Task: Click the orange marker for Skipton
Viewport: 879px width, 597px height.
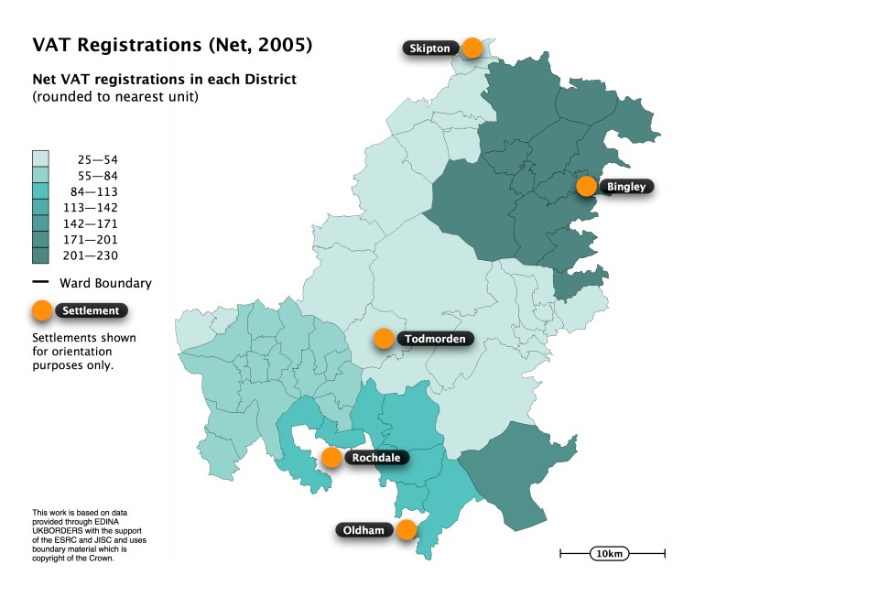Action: tap(472, 48)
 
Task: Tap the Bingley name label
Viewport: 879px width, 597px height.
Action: tap(626, 187)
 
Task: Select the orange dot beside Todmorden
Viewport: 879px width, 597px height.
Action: tap(384, 339)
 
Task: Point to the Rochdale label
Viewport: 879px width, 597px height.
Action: tap(375, 457)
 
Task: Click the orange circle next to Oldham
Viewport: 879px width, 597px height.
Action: tap(407, 529)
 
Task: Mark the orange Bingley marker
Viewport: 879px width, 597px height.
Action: tap(587, 187)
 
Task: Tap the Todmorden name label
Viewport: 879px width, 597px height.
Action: tap(435, 339)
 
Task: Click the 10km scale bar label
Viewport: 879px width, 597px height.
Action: tap(610, 554)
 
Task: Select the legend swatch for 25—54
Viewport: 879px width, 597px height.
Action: tap(40, 159)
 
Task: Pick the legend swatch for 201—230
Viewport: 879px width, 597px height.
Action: tap(40, 255)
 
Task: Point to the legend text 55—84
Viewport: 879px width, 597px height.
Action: tap(97, 176)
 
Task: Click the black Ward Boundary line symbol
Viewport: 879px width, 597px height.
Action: tap(40, 282)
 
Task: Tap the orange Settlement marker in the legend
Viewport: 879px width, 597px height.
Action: tap(41, 311)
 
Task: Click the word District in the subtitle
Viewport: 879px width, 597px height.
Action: tap(269, 80)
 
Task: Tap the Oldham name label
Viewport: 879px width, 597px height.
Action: tap(364, 530)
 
